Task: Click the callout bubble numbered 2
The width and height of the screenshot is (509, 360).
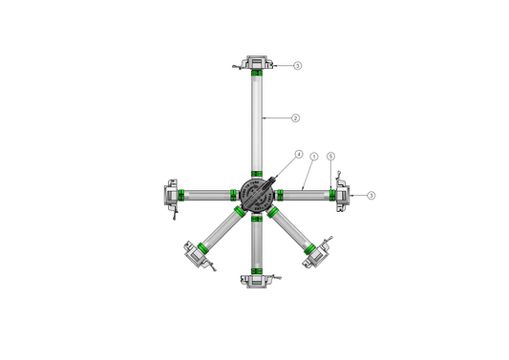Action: coord(296,118)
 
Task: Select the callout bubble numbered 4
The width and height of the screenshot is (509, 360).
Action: coord(299,154)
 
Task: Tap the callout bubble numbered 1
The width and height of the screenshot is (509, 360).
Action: coord(313,156)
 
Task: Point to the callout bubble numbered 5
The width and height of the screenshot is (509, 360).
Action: coord(330,156)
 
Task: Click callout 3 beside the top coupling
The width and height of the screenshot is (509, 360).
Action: coord(298,66)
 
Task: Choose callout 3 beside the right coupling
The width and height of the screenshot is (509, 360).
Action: coord(371,195)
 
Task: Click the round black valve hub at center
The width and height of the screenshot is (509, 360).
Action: coord(256,194)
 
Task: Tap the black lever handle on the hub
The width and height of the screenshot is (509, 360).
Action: coord(271,180)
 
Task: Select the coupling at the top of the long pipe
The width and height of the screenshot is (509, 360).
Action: coord(256,63)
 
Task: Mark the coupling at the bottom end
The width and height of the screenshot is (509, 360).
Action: coord(256,279)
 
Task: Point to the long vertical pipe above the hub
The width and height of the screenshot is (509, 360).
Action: coord(256,124)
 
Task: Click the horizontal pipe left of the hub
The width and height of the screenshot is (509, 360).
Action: coord(206,195)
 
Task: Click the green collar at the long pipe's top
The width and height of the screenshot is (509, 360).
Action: coord(256,74)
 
